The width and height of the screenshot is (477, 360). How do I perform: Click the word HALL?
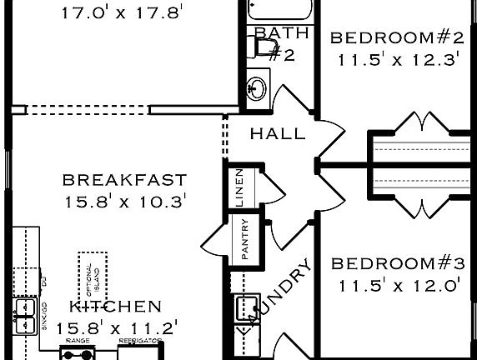click(x=278, y=133)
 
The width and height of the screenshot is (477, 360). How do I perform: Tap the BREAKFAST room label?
click(x=124, y=180)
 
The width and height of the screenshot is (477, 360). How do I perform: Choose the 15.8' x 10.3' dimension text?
click(x=124, y=201)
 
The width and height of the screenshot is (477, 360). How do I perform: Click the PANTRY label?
click(x=245, y=242)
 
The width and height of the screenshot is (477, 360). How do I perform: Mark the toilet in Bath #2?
click(x=265, y=48)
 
